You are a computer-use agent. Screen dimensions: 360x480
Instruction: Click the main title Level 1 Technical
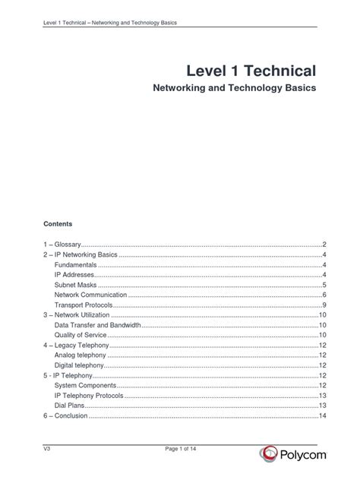click(251, 72)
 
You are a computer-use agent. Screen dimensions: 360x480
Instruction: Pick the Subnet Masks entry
click(74, 284)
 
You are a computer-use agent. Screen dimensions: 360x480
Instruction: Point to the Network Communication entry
click(90, 295)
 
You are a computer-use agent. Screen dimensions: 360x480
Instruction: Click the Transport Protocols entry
click(83, 305)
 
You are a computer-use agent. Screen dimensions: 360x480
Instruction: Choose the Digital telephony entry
click(81, 365)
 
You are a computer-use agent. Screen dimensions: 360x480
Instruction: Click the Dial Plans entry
click(69, 406)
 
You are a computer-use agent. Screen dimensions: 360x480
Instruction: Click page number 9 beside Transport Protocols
click(324, 305)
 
